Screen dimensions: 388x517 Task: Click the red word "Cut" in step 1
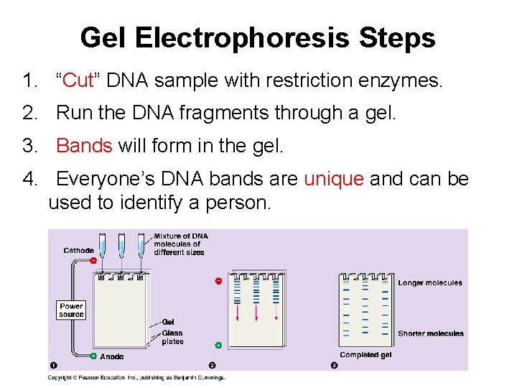79,80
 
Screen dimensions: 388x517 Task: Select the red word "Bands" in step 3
84,146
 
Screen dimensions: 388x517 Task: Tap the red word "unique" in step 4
334,179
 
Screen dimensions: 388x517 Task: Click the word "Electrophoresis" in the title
258,37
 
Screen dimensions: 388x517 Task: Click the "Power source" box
71,310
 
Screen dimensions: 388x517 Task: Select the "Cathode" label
78,251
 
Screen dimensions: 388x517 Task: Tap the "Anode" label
111,356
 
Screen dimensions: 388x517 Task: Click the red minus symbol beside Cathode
93,260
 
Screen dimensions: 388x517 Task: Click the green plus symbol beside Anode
93,356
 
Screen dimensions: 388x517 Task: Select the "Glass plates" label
172,337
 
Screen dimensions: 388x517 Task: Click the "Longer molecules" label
430,283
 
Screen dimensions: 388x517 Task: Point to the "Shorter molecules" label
431,333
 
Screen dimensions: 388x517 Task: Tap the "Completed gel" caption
365,355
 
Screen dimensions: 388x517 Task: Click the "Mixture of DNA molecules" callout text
180,244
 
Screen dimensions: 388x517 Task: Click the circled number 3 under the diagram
334,366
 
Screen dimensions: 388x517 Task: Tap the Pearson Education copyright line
136,377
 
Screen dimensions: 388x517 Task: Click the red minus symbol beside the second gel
218,281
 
